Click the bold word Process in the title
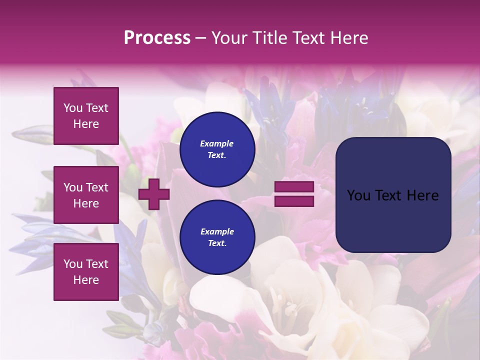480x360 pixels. click(157, 38)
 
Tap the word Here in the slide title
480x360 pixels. click(349, 38)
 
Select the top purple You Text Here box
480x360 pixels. click(86, 116)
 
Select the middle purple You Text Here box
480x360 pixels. click(86, 195)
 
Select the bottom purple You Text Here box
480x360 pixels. click(86, 271)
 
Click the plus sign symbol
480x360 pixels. click(153, 194)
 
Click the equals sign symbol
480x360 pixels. click(294, 194)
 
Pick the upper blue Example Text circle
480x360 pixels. click(217, 149)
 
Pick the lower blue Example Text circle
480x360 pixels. click(217, 237)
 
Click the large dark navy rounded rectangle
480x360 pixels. click(393, 220)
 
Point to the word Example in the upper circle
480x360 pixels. click(216, 143)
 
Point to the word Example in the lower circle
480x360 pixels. click(217, 231)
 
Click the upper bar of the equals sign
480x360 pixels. click(294, 187)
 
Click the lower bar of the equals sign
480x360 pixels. click(294, 201)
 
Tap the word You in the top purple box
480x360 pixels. click(73, 108)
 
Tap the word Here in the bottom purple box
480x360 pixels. click(86, 280)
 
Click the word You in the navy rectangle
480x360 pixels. click(358, 195)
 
